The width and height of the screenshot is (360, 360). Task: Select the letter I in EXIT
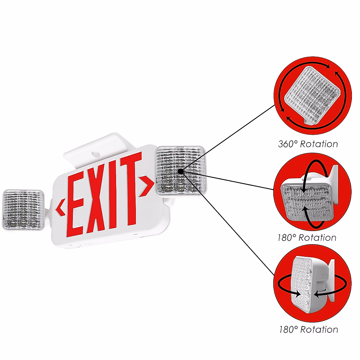coord(114,193)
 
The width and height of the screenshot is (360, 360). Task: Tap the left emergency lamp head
coord(23,210)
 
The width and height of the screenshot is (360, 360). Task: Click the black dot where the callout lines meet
coord(180,171)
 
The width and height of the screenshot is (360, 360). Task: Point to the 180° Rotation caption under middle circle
coord(307,238)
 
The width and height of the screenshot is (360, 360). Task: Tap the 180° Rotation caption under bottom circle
coord(308,330)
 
